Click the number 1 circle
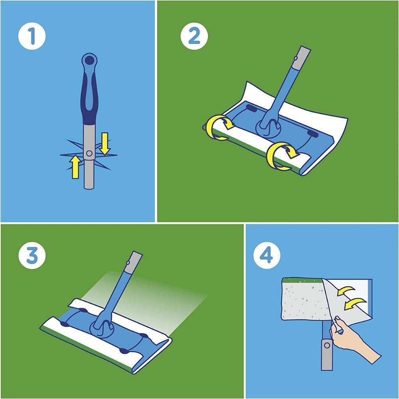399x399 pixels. point(32,36)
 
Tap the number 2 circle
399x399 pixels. point(194,36)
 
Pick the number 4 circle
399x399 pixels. point(267,255)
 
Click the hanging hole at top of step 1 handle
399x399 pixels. point(89,60)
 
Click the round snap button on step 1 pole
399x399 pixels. point(89,153)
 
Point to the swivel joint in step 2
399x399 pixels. point(266,127)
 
